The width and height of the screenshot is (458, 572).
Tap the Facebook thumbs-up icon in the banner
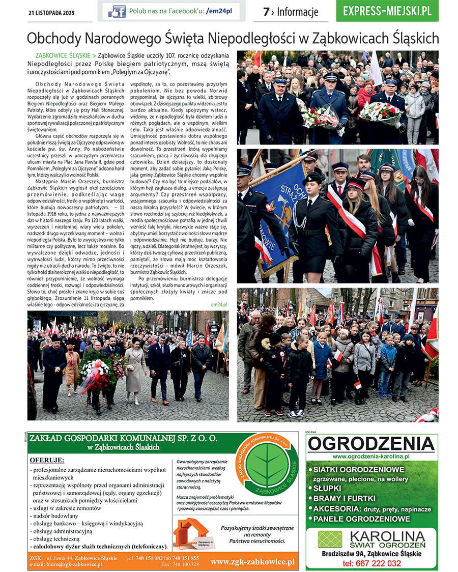click(x=118, y=11)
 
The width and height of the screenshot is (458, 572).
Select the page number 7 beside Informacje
click(x=266, y=12)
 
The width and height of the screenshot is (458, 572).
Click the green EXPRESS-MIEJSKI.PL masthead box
click(x=387, y=11)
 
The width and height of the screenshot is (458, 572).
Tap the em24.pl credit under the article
click(x=219, y=304)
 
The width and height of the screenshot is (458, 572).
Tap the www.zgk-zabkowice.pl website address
click(x=252, y=561)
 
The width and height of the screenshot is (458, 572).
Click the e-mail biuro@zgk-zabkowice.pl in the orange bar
click(x=66, y=564)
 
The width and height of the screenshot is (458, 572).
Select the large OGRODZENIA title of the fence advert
click(x=371, y=444)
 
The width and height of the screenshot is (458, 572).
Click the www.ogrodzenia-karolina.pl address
click(x=371, y=457)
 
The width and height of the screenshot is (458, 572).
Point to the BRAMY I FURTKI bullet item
click(x=344, y=498)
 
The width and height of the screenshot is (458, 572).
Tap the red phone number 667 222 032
click(x=371, y=563)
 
